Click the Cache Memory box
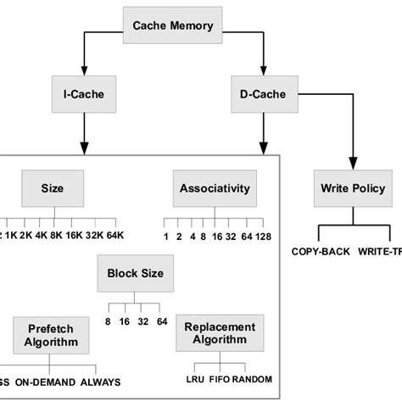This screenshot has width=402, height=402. pyautogui.click(x=172, y=25)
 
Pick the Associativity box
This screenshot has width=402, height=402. pyautogui.click(x=208, y=188)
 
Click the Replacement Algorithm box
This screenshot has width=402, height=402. pyautogui.click(x=219, y=334)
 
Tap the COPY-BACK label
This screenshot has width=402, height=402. pyautogui.click(x=319, y=252)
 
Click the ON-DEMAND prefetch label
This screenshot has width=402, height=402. pyautogui.click(x=43, y=382)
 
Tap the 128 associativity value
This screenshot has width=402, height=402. pyautogui.click(x=262, y=235)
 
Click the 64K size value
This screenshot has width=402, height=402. pyautogui.click(x=115, y=235)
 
